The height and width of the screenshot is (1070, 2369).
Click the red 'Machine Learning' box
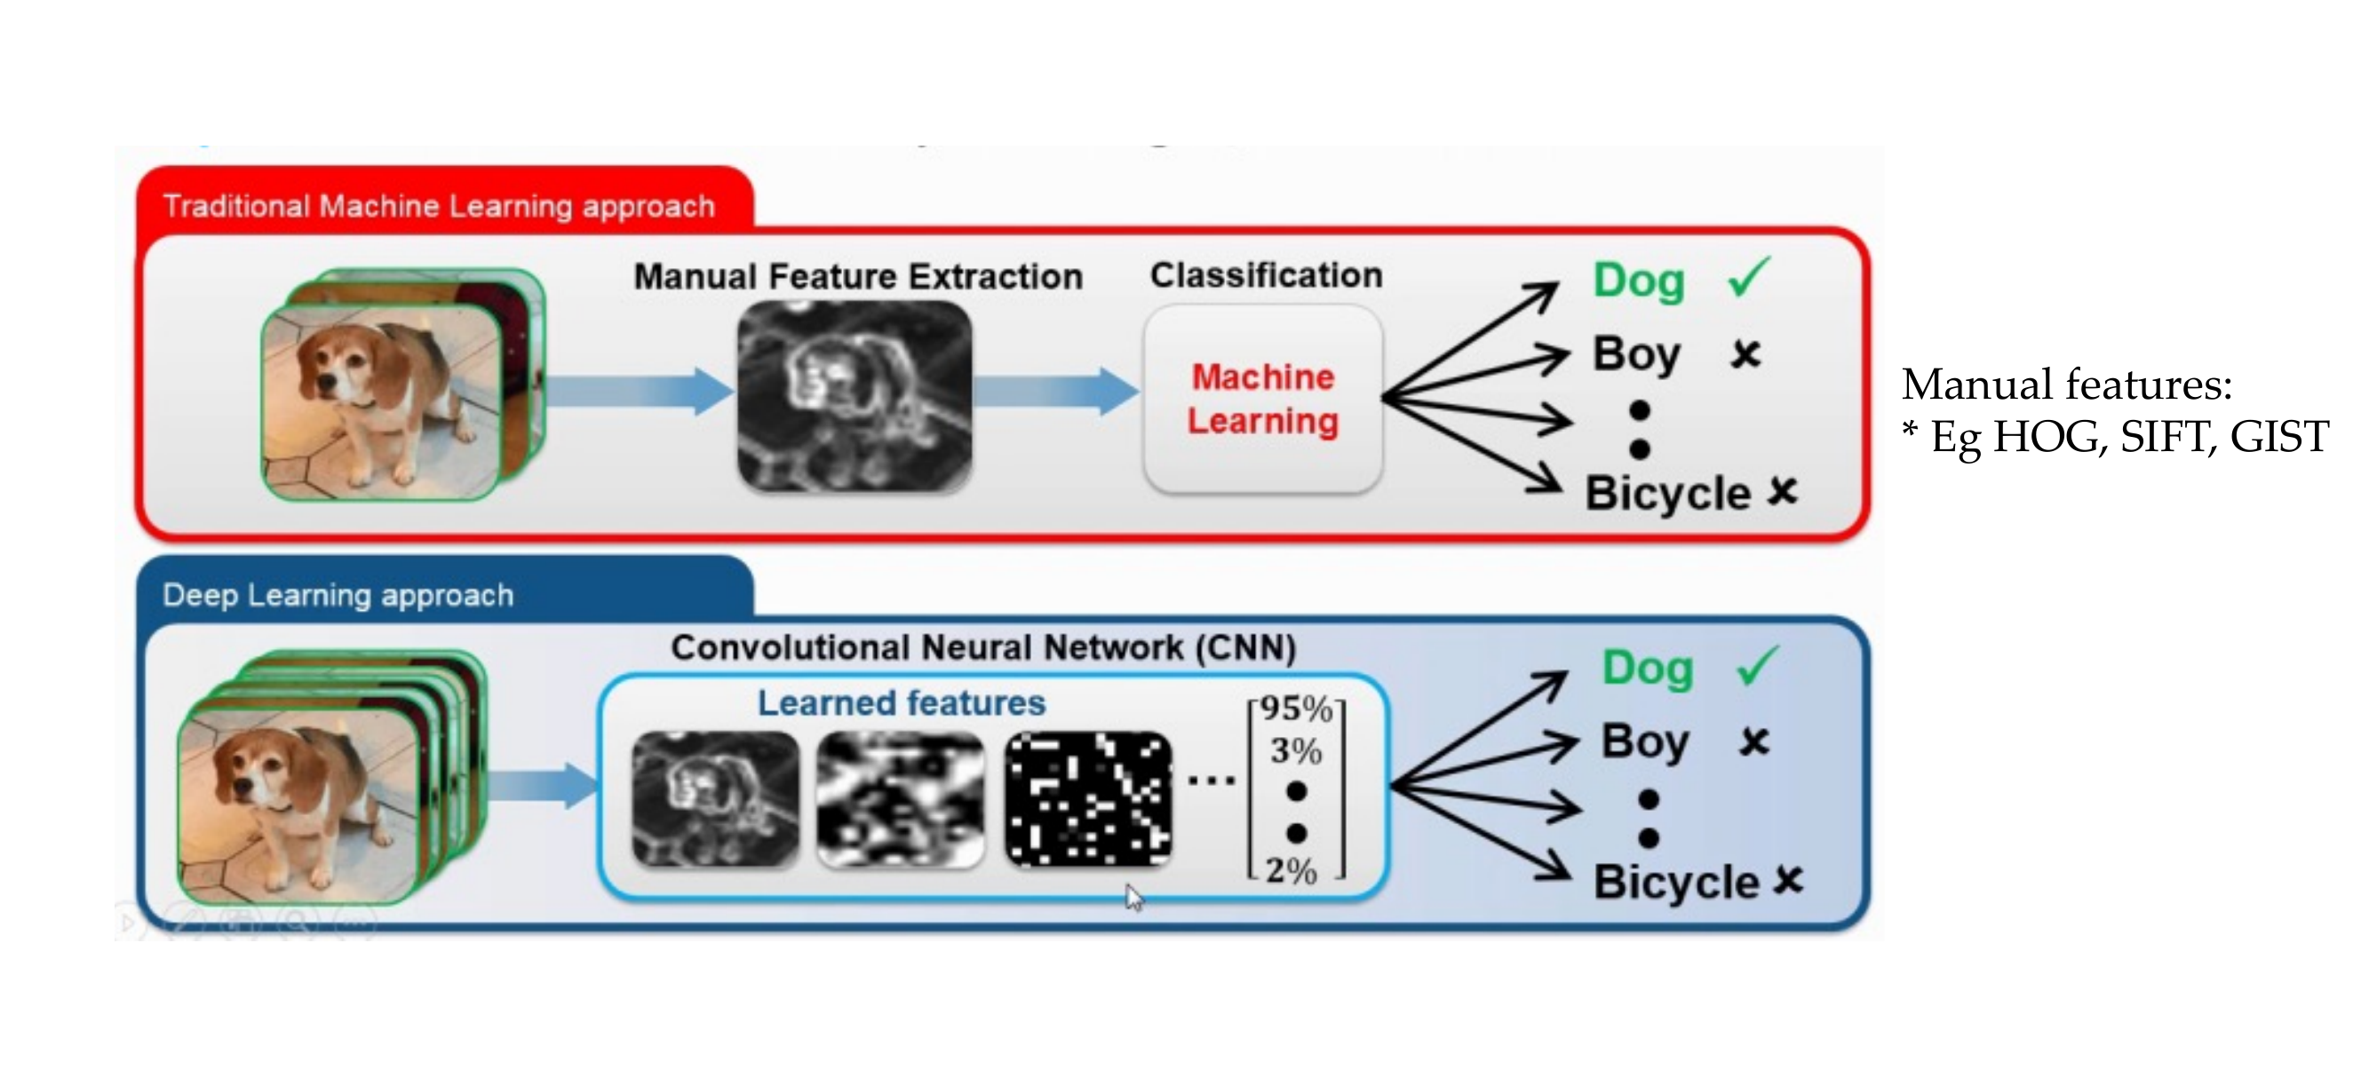[x=1263, y=399]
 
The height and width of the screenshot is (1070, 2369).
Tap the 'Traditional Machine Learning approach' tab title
[x=439, y=206]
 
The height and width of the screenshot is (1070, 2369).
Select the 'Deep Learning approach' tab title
[x=338, y=595]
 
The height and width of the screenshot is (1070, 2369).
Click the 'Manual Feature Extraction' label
[x=858, y=276]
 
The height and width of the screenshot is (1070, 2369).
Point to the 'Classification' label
[x=1267, y=275]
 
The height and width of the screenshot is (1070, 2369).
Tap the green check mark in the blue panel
[x=1756, y=666]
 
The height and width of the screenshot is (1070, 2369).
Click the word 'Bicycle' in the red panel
[x=1667, y=494]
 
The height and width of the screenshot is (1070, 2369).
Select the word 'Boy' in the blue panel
[x=1645, y=741]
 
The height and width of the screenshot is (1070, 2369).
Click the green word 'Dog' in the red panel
[x=1639, y=281]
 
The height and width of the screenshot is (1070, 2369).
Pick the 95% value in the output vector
[x=1296, y=709]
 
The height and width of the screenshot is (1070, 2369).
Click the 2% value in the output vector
[x=1292, y=869]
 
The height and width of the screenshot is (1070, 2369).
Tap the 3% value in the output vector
[x=1296, y=751]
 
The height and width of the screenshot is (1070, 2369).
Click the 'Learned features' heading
[x=902, y=703]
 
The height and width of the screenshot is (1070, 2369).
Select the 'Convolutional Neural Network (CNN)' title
[x=983, y=648]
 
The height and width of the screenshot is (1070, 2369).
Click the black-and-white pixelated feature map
[x=1089, y=799]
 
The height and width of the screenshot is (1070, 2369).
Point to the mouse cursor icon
[x=1134, y=897]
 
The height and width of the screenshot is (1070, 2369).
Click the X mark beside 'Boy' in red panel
[x=1745, y=354]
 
